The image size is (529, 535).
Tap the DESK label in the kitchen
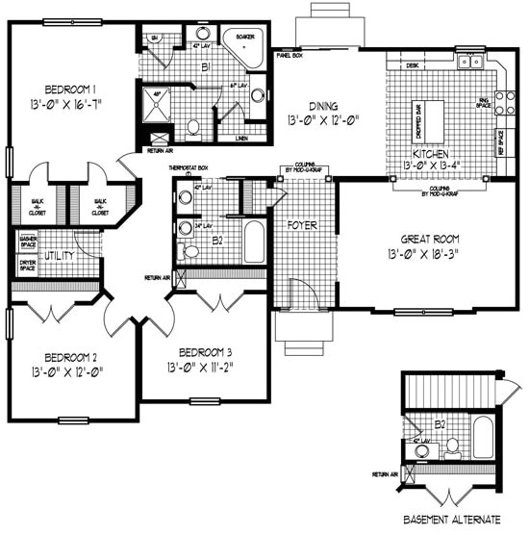pos(412,65)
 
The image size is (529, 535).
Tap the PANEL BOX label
pos(288,56)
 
